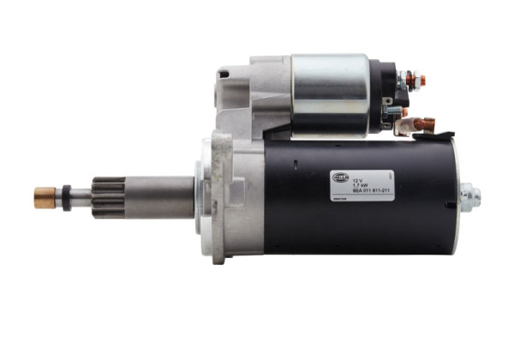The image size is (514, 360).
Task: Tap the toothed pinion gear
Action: coord(108,197)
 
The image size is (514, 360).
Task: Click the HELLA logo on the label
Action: coord(341,177)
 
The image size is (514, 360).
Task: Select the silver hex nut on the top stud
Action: coord(409,81)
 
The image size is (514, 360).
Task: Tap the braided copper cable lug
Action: coord(424,125)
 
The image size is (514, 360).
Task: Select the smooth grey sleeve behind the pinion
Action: coord(158,196)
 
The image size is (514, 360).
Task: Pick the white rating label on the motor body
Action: coord(362,183)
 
